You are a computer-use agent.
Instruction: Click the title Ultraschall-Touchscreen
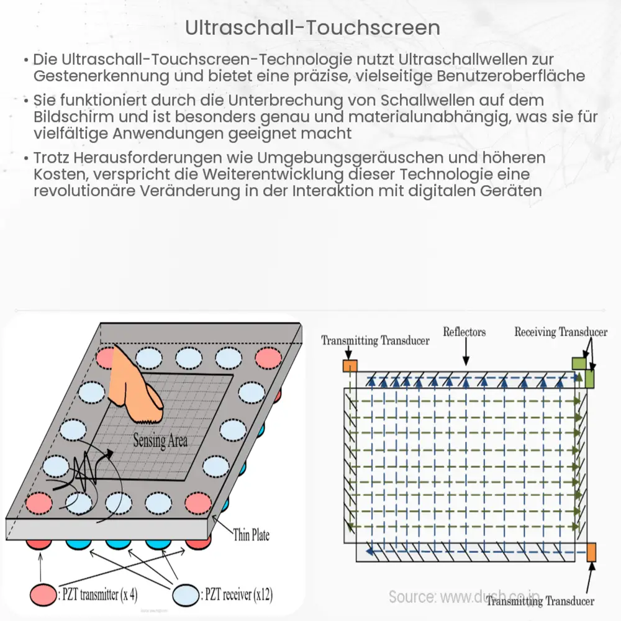(x=312, y=28)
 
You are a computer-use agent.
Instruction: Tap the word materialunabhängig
(x=352, y=117)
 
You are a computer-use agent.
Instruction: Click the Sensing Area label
(x=160, y=442)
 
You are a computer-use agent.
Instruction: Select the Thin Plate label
(x=251, y=535)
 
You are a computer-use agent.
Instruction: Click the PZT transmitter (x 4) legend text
(x=97, y=595)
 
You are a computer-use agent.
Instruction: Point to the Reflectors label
(x=464, y=332)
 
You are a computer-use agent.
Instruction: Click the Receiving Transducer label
(x=560, y=332)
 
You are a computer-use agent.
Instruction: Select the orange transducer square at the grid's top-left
(x=350, y=366)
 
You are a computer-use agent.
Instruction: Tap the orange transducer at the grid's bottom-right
(x=591, y=551)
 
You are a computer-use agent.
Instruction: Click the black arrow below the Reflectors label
(x=466, y=353)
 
